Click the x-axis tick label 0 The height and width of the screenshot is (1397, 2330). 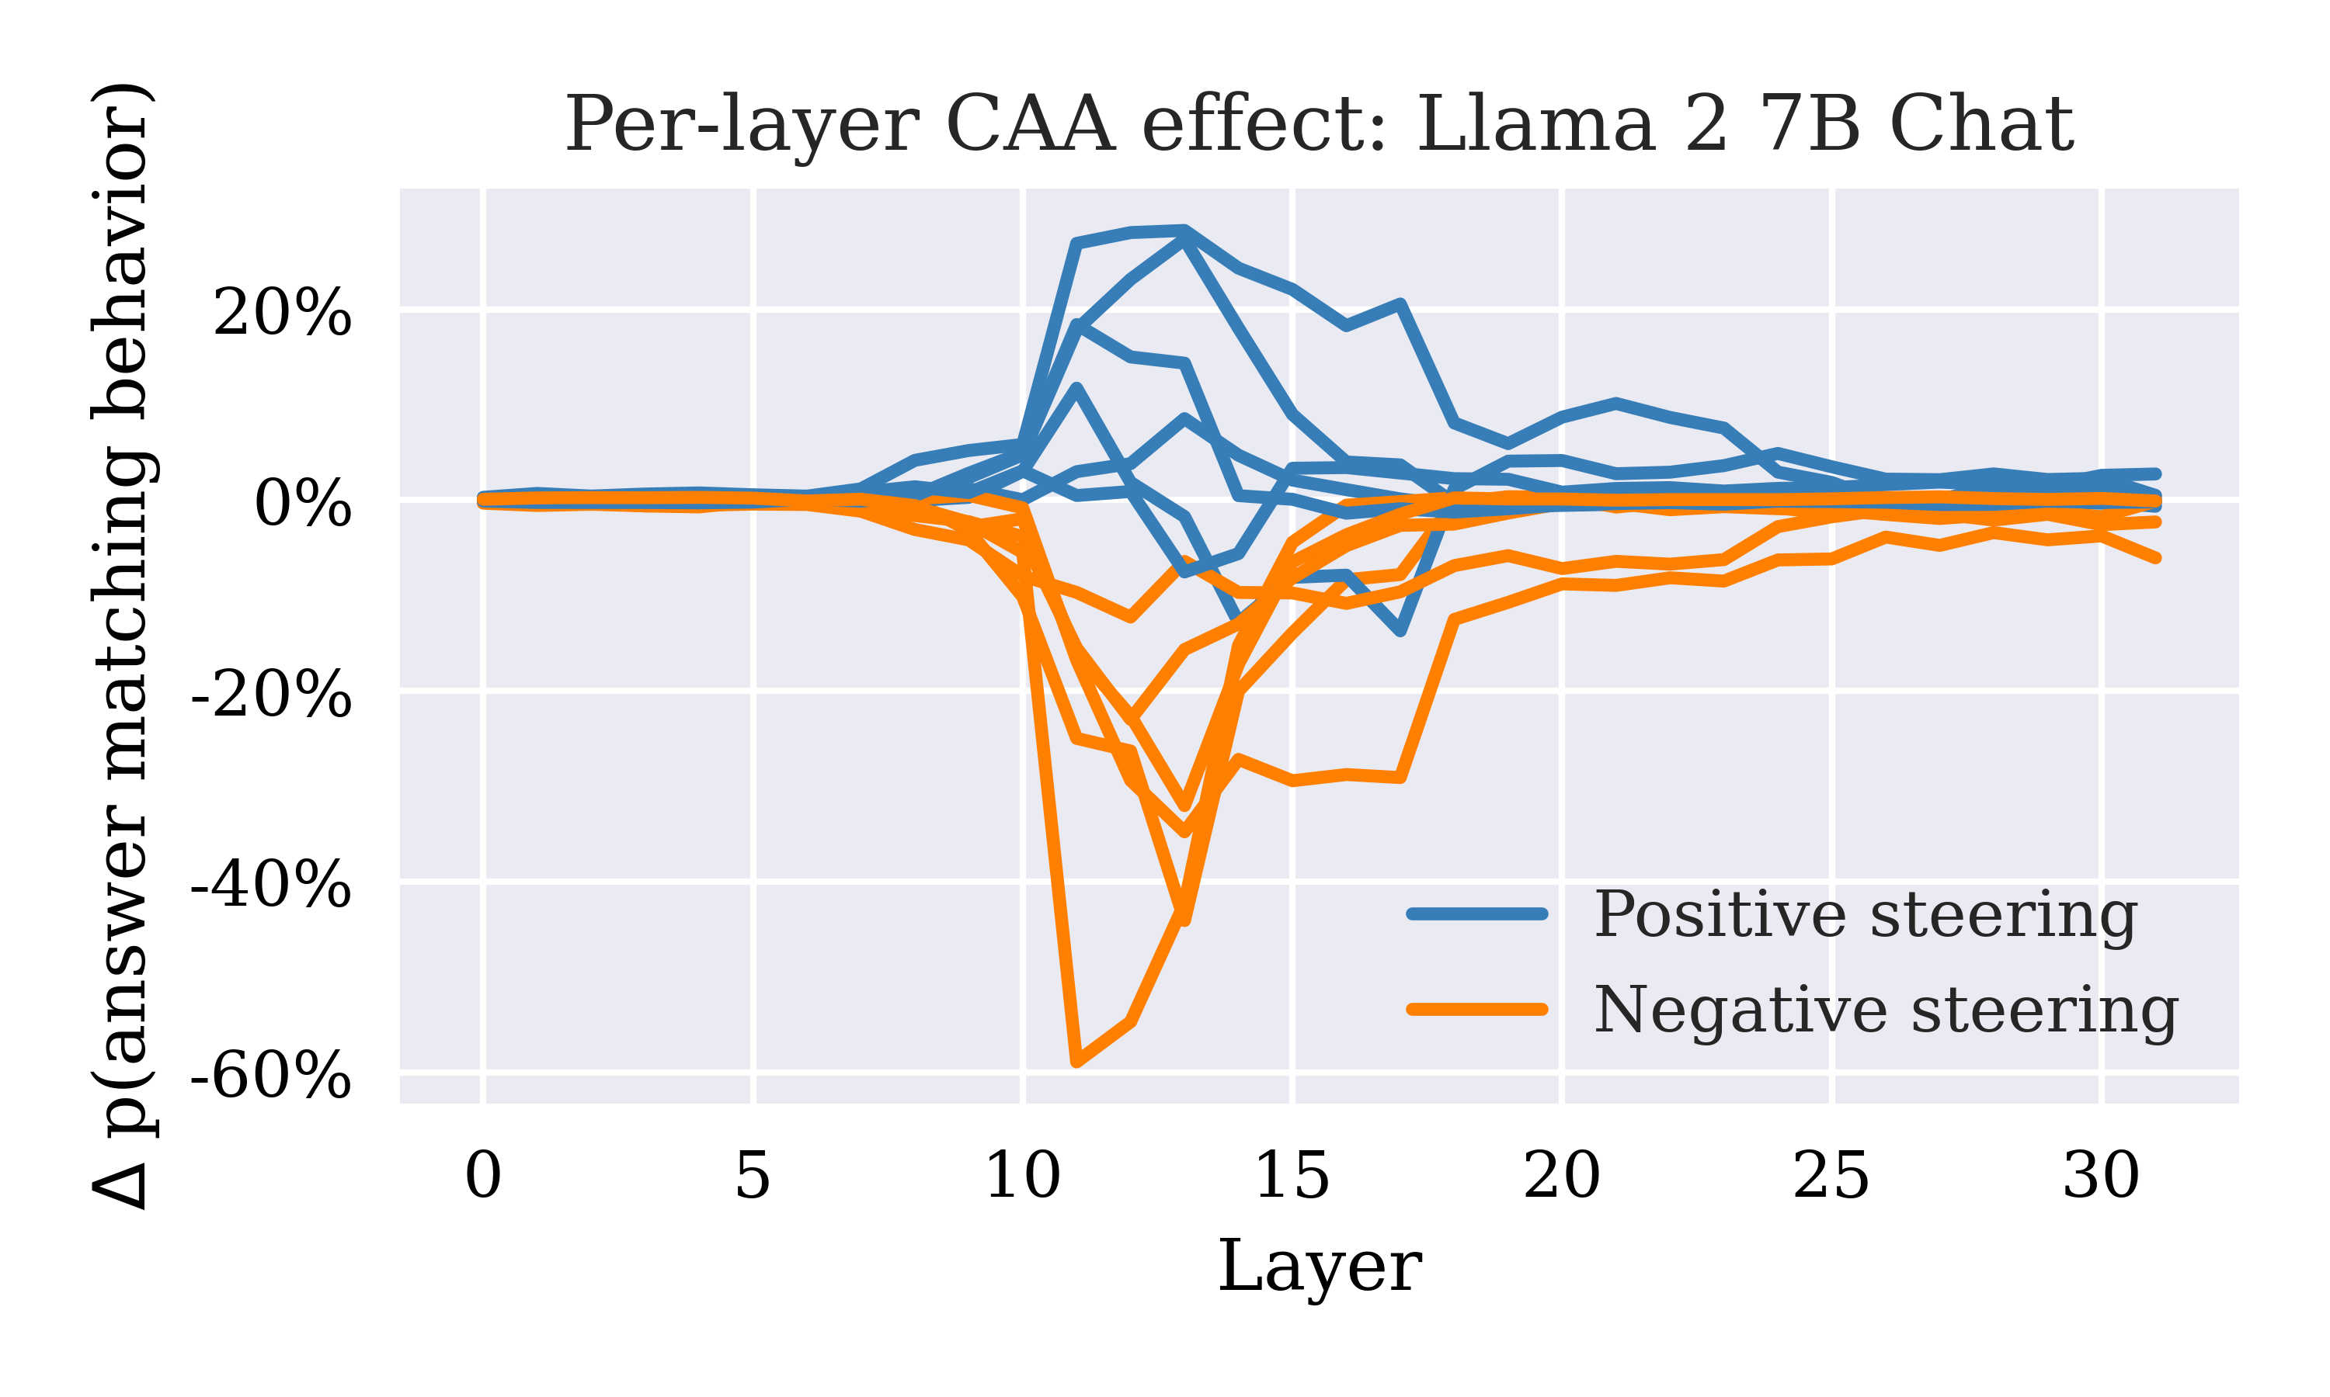pos(483,1176)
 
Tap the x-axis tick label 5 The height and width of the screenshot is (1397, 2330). pos(753,1176)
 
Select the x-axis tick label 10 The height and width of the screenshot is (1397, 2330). pos(1022,1176)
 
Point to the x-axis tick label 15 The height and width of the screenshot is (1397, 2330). pos(1292,1176)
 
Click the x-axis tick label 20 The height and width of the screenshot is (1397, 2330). pos(1562,1176)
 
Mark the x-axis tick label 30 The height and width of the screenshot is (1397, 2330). pos(2100,1176)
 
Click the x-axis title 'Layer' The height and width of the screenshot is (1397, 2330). pos(1319,1266)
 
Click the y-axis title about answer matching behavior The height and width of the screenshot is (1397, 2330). pos(123,646)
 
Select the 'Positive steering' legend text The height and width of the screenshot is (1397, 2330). pos(1865,914)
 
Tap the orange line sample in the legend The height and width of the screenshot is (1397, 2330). pos(1476,1010)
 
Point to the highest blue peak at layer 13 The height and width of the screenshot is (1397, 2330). pos(1184,229)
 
